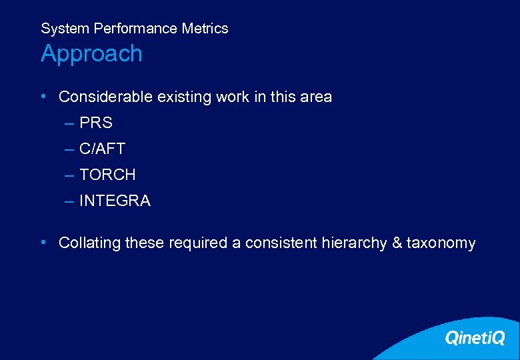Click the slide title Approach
[x=91, y=54]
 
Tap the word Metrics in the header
[x=205, y=29]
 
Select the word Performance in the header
[x=137, y=29]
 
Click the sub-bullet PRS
[x=95, y=123]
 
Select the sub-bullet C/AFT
[x=102, y=149]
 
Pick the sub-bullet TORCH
[x=107, y=175]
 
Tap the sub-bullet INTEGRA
[x=115, y=201]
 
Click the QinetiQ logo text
[x=475, y=338]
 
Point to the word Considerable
[x=105, y=97]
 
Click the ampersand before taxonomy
[x=397, y=243]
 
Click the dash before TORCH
[x=69, y=175]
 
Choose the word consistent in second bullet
[x=282, y=243]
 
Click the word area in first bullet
[x=316, y=97]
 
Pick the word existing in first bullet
[x=184, y=97]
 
